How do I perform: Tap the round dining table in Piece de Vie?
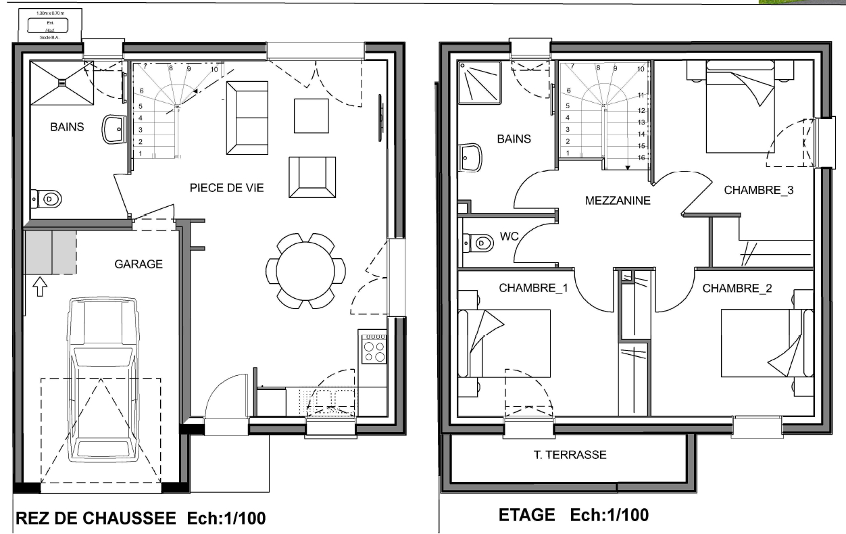click(x=305, y=270)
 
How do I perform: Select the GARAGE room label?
click(x=139, y=264)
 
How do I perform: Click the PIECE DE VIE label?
click(x=226, y=188)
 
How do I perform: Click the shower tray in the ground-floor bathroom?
click(x=61, y=82)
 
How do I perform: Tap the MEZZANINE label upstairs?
click(x=618, y=201)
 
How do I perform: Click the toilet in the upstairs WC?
click(x=479, y=242)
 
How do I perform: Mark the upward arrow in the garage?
click(x=40, y=287)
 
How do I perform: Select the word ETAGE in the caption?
click(x=526, y=515)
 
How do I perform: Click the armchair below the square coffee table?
click(x=312, y=177)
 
